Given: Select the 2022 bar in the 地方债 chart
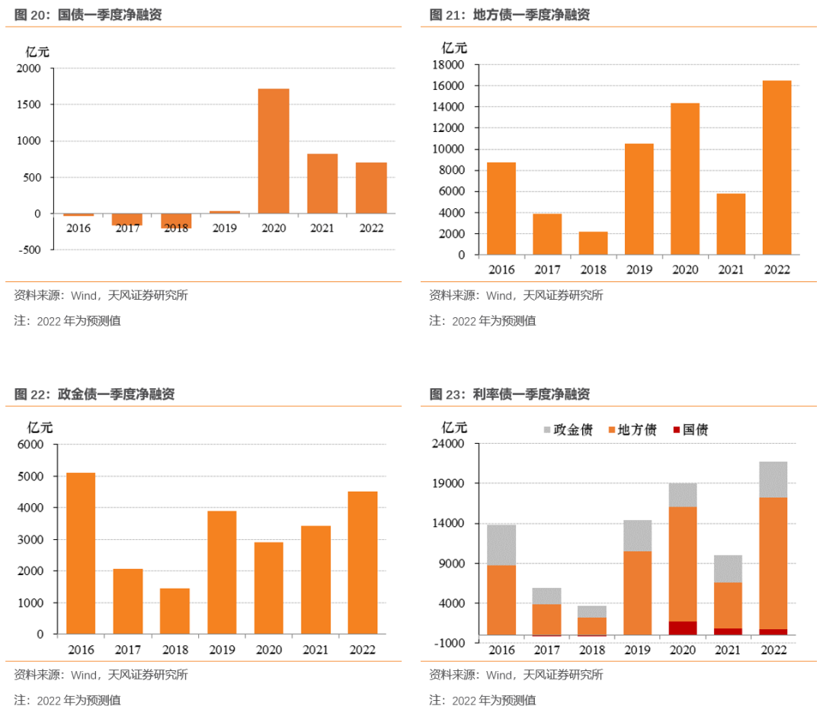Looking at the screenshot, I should click(777, 168).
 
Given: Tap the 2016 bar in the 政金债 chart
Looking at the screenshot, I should click(80, 553).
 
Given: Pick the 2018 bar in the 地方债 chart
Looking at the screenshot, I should click(593, 243).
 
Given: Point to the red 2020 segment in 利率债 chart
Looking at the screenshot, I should click(682, 628).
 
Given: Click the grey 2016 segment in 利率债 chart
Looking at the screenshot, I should click(501, 544).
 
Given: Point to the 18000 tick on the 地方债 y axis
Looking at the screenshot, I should click(450, 66).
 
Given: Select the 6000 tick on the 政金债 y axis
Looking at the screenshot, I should click(31, 445).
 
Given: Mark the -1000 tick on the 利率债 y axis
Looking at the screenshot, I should click(450, 643).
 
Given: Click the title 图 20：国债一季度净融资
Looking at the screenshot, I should click(88, 15).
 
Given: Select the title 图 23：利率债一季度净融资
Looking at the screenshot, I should click(509, 394).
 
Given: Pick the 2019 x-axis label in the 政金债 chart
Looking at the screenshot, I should click(222, 650).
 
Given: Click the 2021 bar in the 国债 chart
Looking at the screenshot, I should click(322, 184).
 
